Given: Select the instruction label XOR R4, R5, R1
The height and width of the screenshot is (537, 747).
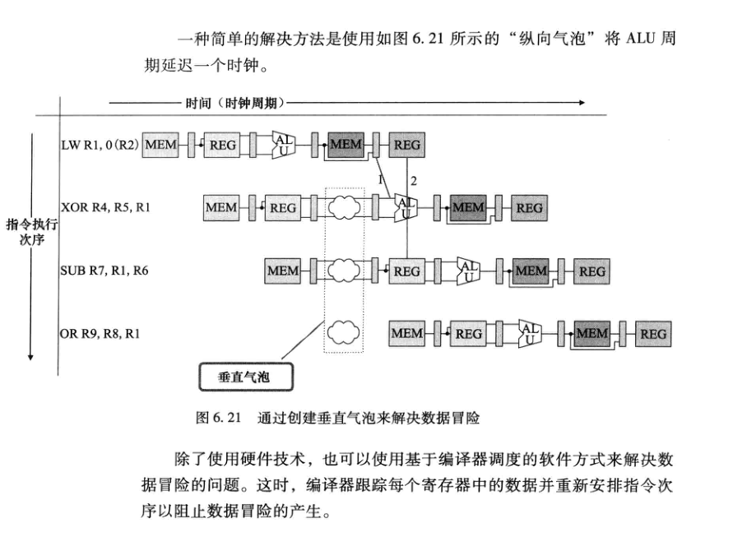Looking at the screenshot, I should click(x=105, y=208).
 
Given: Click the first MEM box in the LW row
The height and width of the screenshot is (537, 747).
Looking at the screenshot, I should click(x=161, y=146).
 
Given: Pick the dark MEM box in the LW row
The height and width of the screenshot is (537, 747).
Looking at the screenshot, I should click(x=346, y=146).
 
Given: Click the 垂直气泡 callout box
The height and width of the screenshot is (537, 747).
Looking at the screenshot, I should click(x=244, y=377).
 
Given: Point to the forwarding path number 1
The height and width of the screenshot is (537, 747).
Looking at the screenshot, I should click(x=380, y=178).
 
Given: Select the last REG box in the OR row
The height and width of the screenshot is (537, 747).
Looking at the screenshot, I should click(x=653, y=334).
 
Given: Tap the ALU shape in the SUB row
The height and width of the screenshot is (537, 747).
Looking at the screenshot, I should click(x=468, y=271).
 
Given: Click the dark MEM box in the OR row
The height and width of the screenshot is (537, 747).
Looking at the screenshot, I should click(x=592, y=334).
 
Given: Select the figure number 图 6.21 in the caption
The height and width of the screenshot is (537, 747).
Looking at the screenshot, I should click(x=218, y=417).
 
